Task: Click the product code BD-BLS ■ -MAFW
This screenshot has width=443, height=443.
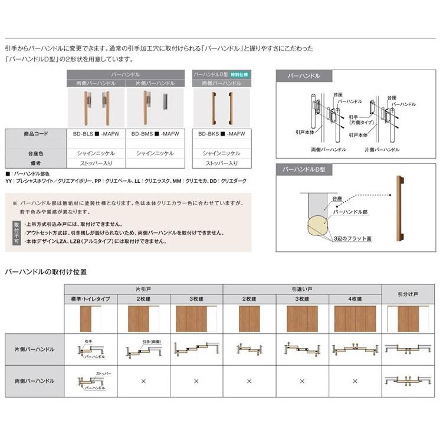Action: point(96,134)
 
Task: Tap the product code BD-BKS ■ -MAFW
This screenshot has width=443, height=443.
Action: point(222,134)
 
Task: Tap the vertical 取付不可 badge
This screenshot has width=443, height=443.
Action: point(16,232)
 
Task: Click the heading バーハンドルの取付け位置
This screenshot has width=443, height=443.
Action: point(46,272)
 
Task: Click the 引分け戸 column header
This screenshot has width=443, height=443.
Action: point(408,294)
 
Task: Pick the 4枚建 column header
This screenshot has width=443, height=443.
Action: point(355,300)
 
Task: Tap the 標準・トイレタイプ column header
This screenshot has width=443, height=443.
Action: point(90,300)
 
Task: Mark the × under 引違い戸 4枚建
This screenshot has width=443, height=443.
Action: point(355,381)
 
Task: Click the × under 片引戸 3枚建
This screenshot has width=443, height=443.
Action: point(196,381)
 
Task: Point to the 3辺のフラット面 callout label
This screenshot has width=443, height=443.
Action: point(352,238)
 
